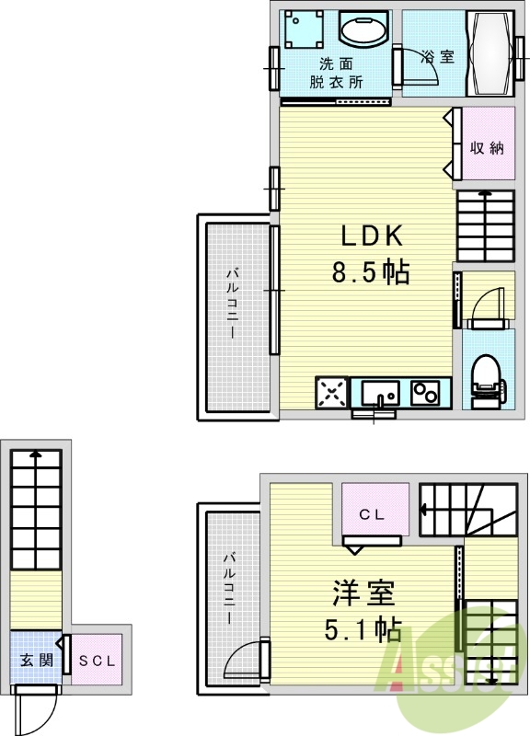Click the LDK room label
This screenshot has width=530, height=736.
pos(372,236)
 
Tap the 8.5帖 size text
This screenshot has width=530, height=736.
pos(371,271)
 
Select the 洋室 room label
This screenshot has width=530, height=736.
pos(363,592)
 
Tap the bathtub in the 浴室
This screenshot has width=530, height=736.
pos(490,53)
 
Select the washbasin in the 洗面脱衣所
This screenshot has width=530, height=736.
pos(363,29)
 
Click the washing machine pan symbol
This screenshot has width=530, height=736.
pos(305,29)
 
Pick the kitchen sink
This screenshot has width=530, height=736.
pos(380,394)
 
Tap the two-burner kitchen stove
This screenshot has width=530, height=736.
pos(425,393)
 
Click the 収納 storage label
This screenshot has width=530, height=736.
pos(488,148)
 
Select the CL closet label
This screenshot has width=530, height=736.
pos(373,514)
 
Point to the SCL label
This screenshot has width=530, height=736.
pos(98,661)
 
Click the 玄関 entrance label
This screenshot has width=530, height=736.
pos(36,660)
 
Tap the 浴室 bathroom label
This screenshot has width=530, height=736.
pos(437,56)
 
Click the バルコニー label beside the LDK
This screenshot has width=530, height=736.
pos(233,304)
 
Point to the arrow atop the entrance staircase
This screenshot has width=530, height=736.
pos(36,454)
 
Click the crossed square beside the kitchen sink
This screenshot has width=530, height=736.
pos(332,393)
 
